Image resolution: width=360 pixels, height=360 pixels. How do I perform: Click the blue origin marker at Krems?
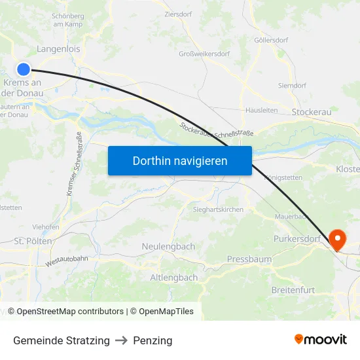pyautogui.click(x=24, y=69)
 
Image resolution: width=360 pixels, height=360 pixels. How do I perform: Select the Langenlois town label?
pyautogui.click(x=59, y=48)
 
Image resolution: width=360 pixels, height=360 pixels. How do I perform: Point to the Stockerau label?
pyautogui.click(x=312, y=112)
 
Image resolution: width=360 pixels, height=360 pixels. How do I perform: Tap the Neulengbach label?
pyautogui.click(x=168, y=247)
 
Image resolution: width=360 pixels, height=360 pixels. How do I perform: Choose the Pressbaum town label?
pyautogui.click(x=249, y=259)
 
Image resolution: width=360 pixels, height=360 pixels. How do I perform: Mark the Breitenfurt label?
pyautogui.click(x=293, y=289)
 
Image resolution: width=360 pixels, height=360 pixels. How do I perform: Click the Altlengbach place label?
pyautogui.click(x=174, y=278)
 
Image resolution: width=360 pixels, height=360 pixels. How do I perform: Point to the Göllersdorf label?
pyautogui.click(x=271, y=40)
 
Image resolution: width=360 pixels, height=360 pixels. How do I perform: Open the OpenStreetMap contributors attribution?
pyautogui.click(x=70, y=312)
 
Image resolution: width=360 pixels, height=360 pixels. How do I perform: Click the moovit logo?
pyautogui.click(x=321, y=340)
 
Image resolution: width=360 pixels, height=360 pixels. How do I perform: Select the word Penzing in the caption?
pyautogui.click(x=153, y=340)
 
